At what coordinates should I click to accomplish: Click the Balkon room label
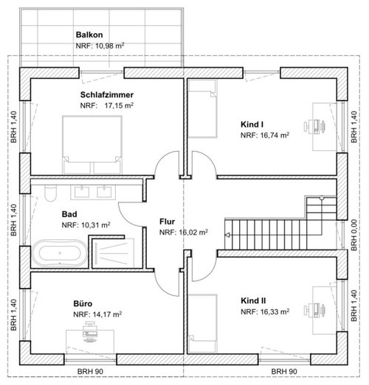point(89,35)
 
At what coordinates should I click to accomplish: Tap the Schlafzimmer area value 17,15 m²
point(119,105)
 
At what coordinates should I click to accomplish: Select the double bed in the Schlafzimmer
point(92,145)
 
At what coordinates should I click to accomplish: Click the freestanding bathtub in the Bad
point(60,253)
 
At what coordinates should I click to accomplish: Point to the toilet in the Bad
point(50,193)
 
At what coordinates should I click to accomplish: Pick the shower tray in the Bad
point(114,253)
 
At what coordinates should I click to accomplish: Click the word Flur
point(167,222)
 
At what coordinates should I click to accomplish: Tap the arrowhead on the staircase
point(228,235)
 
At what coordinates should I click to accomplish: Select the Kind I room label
point(252,124)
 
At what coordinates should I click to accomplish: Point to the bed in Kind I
point(202,108)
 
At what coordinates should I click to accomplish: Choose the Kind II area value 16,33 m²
point(275,312)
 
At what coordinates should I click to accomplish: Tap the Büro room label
point(83,303)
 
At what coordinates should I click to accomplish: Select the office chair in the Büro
point(90,332)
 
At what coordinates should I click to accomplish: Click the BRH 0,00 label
point(354,235)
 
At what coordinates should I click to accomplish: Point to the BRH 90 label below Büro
point(90,371)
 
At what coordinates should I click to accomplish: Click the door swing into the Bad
point(131,214)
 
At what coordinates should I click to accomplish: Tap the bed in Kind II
point(202,324)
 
